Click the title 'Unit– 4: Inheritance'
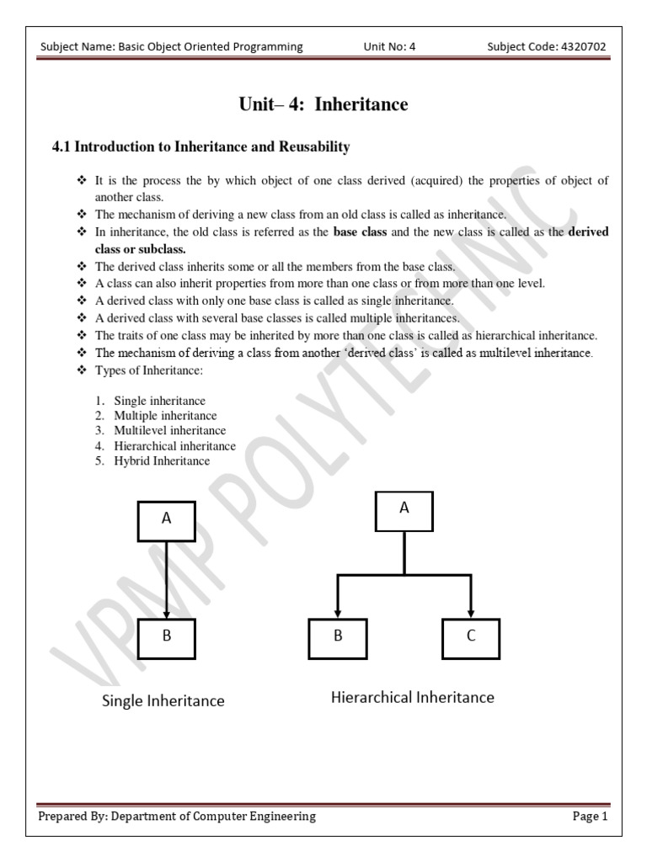(323, 104)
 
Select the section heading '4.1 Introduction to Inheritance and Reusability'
(201, 147)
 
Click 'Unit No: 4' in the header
(389, 47)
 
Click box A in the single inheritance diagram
(167, 520)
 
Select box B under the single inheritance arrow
(167, 637)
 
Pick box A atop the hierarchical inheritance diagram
(404, 509)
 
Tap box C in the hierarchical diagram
(470, 637)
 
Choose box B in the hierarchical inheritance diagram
(338, 637)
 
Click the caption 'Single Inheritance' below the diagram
(163, 700)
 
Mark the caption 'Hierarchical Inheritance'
(413, 697)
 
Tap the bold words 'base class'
(361, 231)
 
